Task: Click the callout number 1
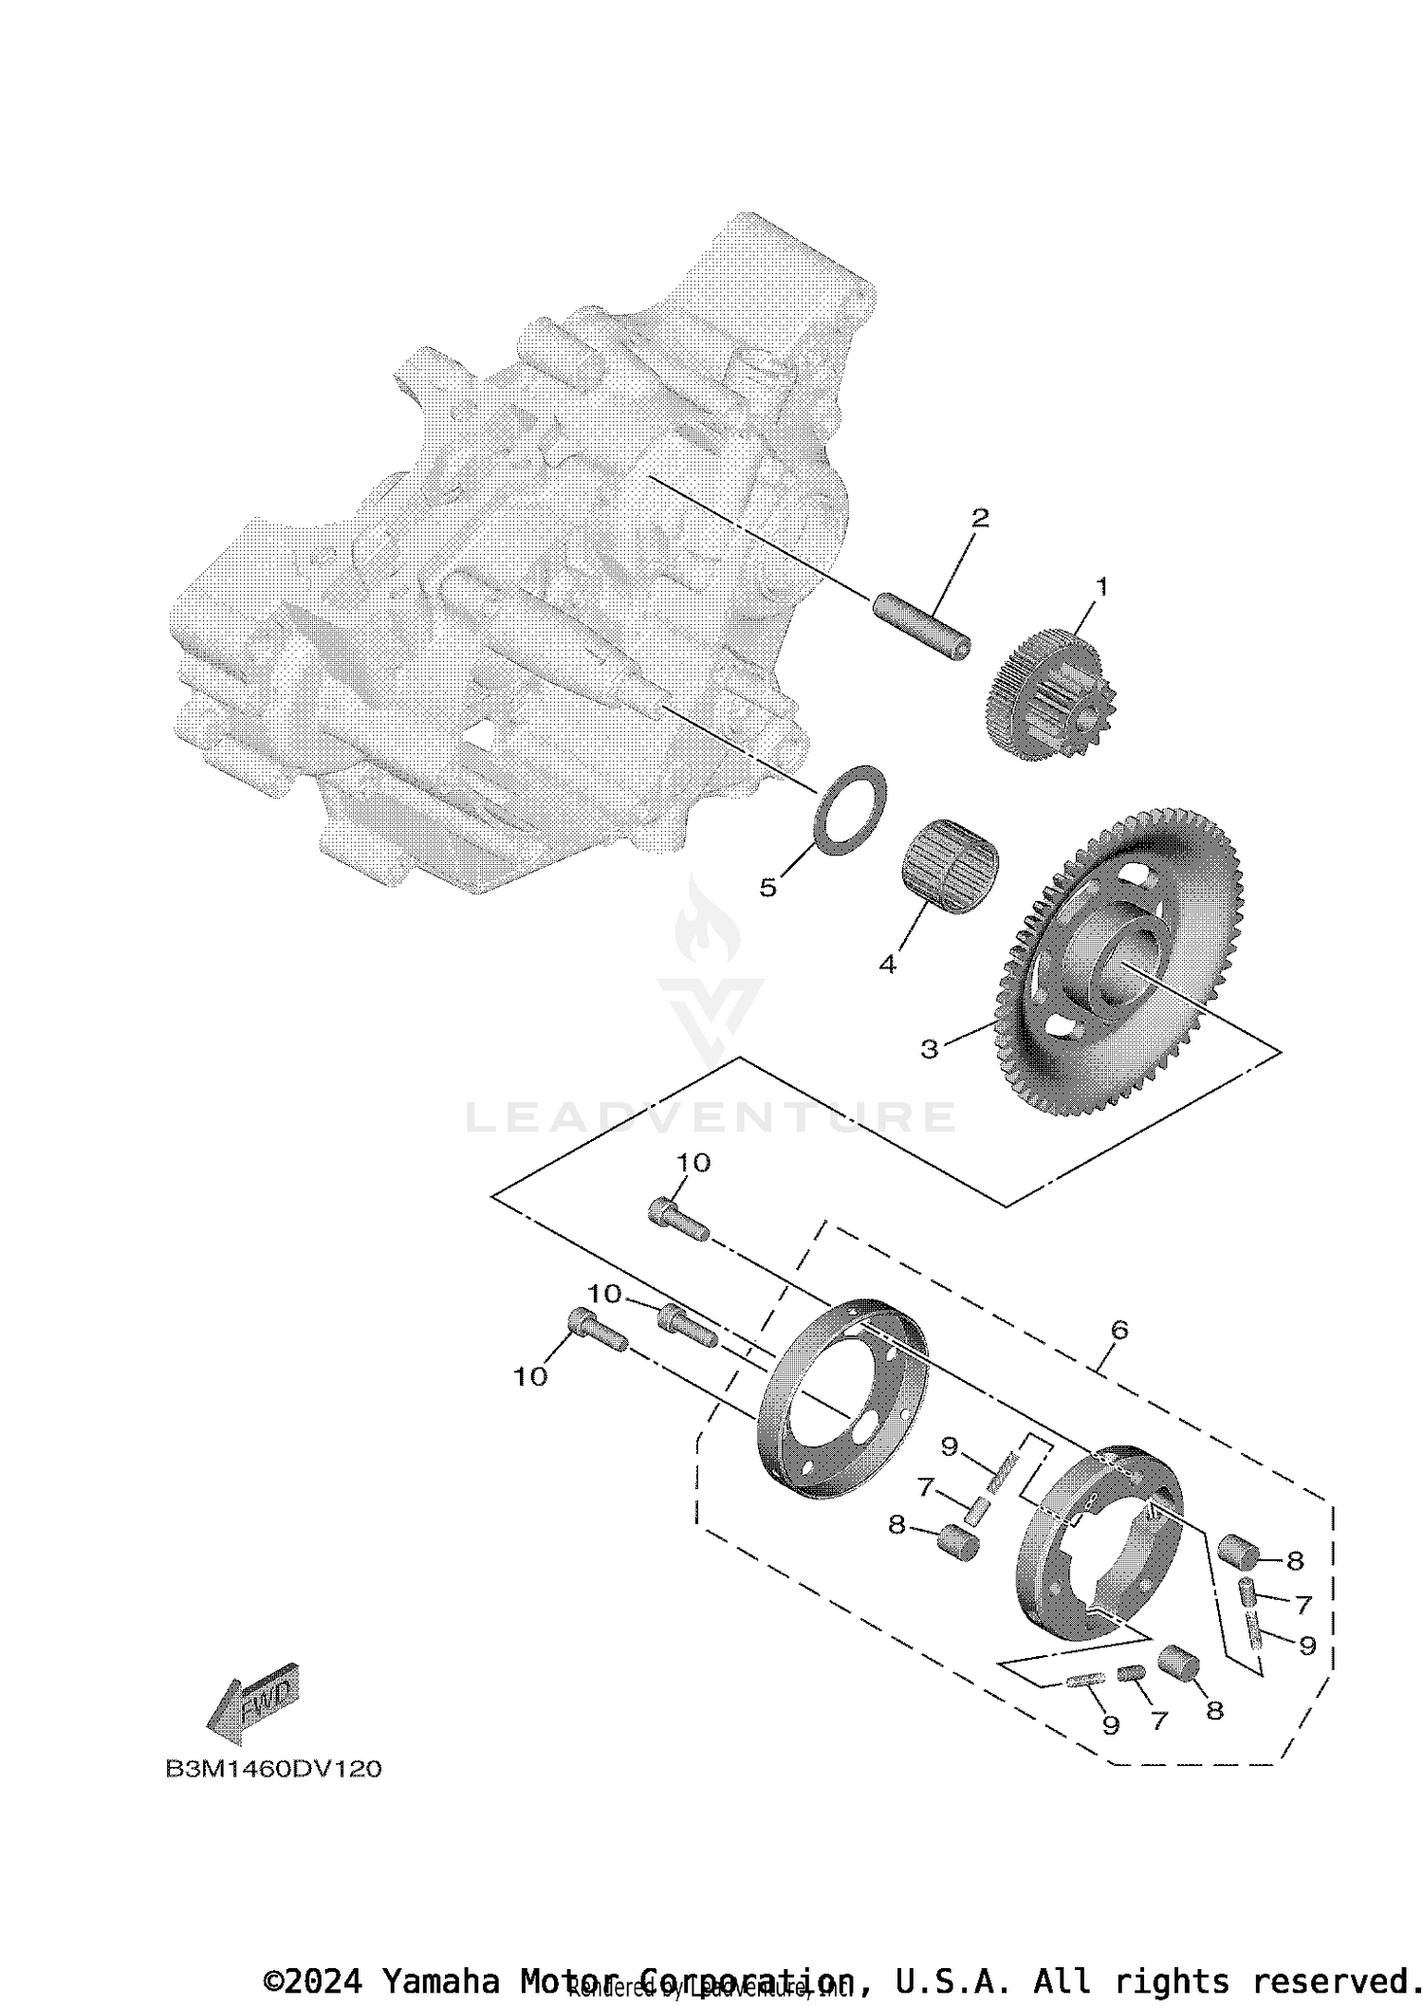1101,587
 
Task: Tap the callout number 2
980,518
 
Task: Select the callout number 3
929,1049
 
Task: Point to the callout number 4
887,965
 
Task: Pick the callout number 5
767,888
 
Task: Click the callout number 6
1119,1330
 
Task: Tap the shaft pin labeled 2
921,627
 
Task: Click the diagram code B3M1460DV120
274,1770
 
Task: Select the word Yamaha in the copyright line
440,1981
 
